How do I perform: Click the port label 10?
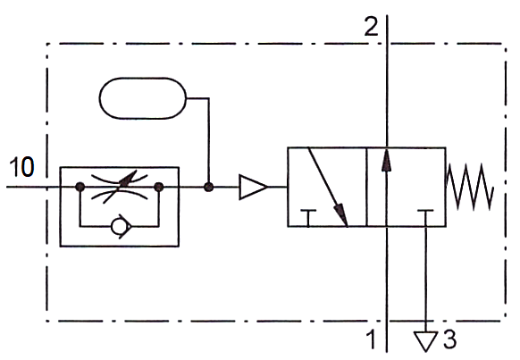21,166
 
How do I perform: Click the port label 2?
371,26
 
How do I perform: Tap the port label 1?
372,339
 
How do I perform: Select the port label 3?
449,339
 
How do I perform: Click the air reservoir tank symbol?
143,98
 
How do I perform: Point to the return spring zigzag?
470,187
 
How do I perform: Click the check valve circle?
118,226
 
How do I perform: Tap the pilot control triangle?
253,187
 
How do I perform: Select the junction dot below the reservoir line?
208,187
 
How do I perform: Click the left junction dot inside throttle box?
80,187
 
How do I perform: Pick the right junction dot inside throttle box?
159,187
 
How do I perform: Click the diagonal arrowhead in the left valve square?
342,214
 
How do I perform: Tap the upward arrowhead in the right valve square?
386,160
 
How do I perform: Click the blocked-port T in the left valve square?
308,218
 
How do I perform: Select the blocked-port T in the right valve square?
425,218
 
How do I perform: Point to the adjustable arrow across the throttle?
120,187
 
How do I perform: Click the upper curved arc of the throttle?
120,179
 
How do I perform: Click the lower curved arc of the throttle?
120,195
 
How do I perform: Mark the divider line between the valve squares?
366,187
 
